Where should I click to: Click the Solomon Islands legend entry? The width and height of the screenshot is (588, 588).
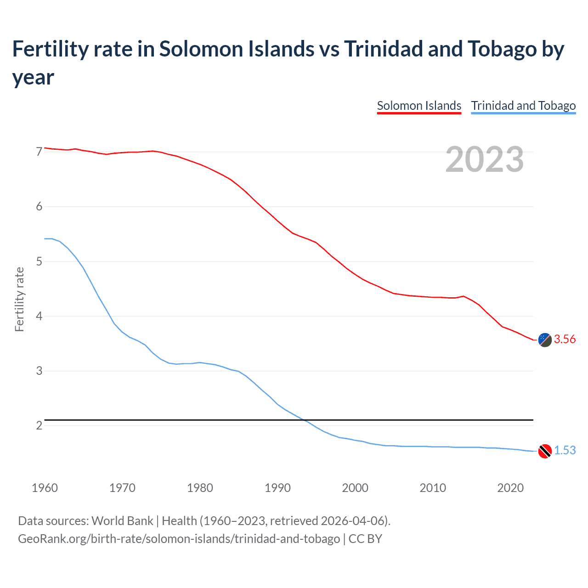pyautogui.click(x=419, y=106)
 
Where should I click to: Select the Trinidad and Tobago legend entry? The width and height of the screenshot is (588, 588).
pyautogui.click(x=523, y=106)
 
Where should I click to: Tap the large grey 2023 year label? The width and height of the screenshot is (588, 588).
pyautogui.click(x=485, y=159)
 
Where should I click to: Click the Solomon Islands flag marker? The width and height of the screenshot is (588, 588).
pyautogui.click(x=545, y=340)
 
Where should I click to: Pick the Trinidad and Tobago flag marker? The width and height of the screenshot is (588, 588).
pyautogui.click(x=545, y=451)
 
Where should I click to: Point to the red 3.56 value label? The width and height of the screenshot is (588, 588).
pyautogui.click(x=565, y=339)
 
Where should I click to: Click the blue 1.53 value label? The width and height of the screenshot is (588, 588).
pyautogui.click(x=565, y=451)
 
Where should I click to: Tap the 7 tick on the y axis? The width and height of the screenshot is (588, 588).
pyautogui.click(x=39, y=152)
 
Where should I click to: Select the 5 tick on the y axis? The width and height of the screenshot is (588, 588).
pyautogui.click(x=39, y=261)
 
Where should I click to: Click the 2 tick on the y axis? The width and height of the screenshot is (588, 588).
pyautogui.click(x=39, y=426)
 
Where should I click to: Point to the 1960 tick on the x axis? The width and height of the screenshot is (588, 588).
pyautogui.click(x=45, y=488)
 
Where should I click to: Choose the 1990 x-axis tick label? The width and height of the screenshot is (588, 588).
pyautogui.click(x=277, y=488)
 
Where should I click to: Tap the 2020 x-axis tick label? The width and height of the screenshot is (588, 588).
pyautogui.click(x=510, y=488)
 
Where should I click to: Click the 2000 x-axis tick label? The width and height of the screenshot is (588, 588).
pyautogui.click(x=355, y=488)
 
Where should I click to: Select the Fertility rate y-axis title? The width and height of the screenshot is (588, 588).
pyautogui.click(x=19, y=299)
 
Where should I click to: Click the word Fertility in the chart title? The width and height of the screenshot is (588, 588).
pyautogui.click(x=50, y=49)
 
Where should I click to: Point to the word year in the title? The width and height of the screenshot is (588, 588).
pyautogui.click(x=33, y=77)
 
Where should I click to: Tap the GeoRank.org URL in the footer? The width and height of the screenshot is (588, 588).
pyautogui.click(x=179, y=538)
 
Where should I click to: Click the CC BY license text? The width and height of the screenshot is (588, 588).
pyautogui.click(x=365, y=538)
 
